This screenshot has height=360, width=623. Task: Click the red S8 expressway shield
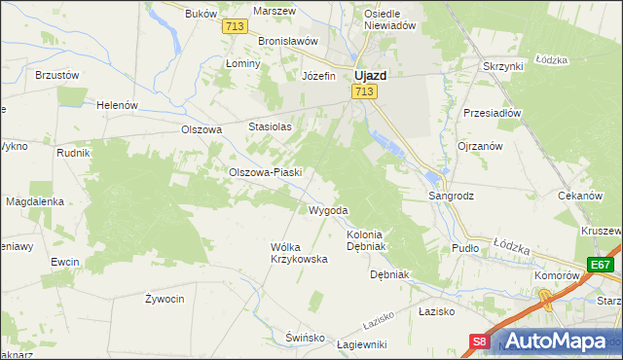pyautogui.click(x=480, y=342)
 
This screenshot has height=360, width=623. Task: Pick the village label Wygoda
pyautogui.click(x=328, y=210)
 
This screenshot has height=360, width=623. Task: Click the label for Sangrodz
pyautogui.click(x=452, y=196)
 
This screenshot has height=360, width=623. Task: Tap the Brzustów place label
pyautogui.click(x=56, y=74)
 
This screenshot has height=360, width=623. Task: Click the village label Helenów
pyautogui.click(x=118, y=105)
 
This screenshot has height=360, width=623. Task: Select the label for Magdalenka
pyautogui.click(x=35, y=201)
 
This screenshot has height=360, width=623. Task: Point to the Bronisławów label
pyautogui.click(x=289, y=42)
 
